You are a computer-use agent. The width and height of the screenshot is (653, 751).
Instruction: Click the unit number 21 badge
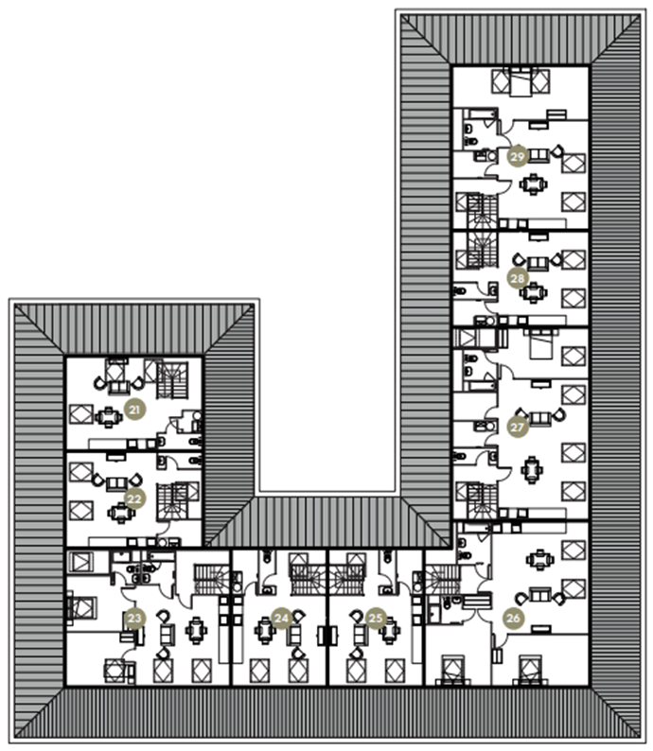(x=134, y=409)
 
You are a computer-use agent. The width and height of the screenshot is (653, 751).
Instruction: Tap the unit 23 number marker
(x=134, y=618)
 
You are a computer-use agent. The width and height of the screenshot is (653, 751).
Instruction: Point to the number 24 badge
(x=281, y=618)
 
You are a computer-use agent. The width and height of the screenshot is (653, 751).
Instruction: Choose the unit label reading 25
(x=377, y=618)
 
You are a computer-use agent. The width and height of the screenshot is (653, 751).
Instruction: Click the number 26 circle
(x=514, y=618)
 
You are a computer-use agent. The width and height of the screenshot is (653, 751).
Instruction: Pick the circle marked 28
(x=518, y=278)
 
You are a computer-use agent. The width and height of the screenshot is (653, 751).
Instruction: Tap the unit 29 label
(x=518, y=157)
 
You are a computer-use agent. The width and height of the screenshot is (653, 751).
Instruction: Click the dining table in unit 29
(x=536, y=183)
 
